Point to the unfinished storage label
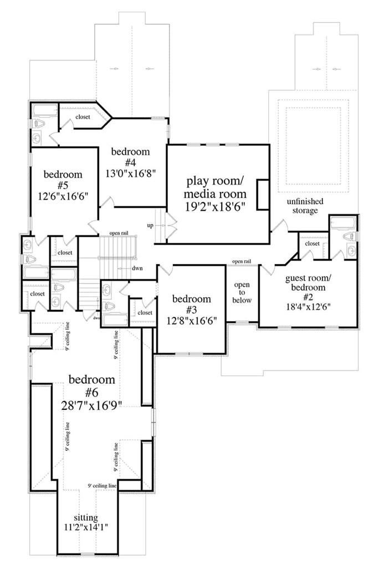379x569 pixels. pyautogui.click(x=305, y=206)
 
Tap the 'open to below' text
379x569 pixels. pyautogui.click(x=242, y=292)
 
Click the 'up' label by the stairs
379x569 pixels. pyautogui.click(x=149, y=226)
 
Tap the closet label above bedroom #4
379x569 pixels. pyautogui.click(x=83, y=117)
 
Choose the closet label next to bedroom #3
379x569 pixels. pyautogui.click(x=145, y=313)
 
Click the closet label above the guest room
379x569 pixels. pyautogui.click(x=312, y=243)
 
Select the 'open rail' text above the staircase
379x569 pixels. pyautogui.click(x=119, y=233)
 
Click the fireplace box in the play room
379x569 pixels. pyautogui.click(x=263, y=194)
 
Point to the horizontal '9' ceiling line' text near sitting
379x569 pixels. pyautogui.click(x=102, y=486)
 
